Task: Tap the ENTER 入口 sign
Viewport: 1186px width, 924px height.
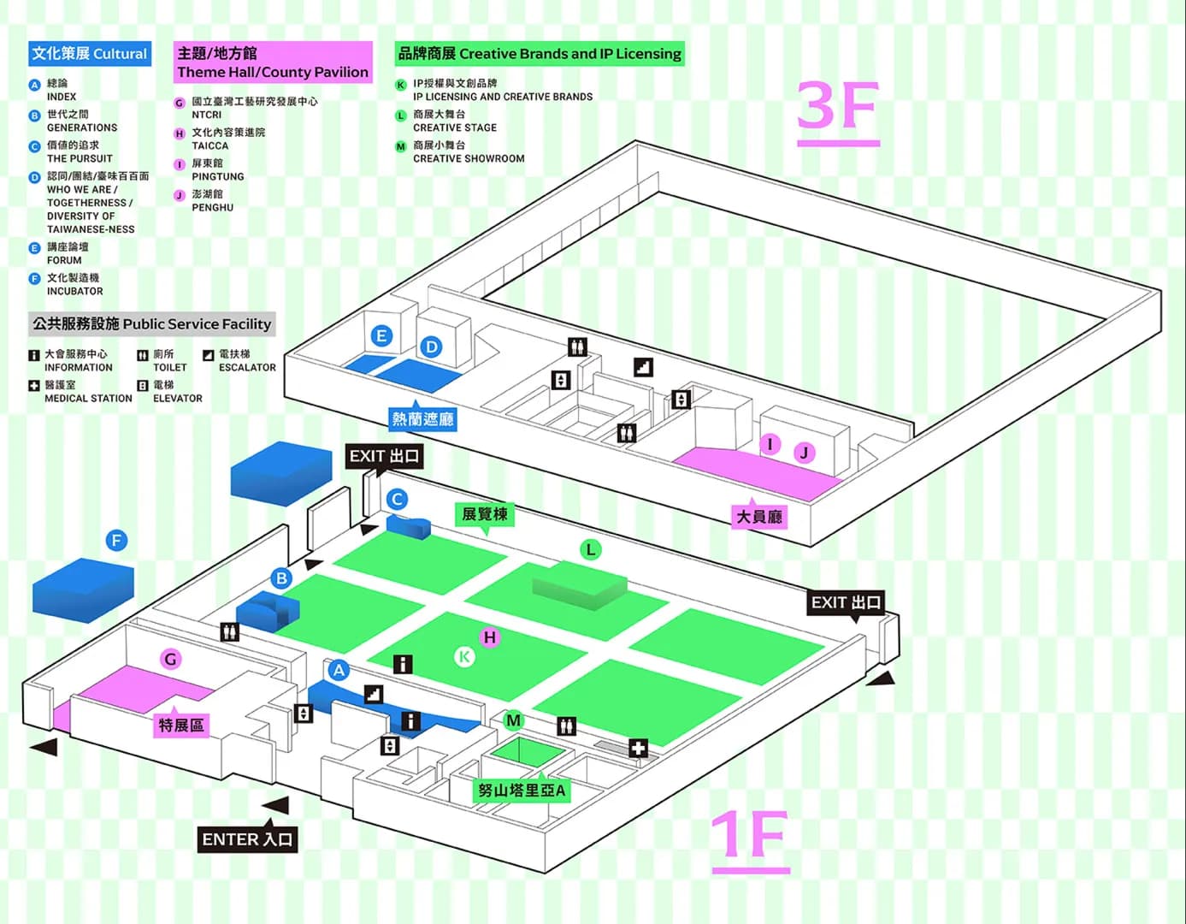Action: point(247,839)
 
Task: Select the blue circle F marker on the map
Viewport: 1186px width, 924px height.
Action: point(116,541)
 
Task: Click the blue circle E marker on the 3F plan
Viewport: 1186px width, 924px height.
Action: point(381,336)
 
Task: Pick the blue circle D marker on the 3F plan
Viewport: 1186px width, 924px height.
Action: point(432,346)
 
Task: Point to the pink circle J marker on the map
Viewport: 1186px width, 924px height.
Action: point(804,453)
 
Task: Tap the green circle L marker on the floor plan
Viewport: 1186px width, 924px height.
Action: point(590,549)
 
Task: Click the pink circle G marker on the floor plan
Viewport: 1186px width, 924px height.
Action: point(171,659)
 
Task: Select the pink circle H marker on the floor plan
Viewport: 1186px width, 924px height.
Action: point(489,637)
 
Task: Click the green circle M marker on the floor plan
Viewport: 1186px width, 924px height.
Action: point(513,720)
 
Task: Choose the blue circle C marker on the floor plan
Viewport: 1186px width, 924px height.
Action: point(397,499)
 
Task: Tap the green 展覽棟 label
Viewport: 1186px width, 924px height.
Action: point(485,514)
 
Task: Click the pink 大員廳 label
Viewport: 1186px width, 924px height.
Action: point(759,517)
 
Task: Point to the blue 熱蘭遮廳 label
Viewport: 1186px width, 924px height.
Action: point(422,419)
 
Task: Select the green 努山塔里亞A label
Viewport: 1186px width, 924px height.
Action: point(521,791)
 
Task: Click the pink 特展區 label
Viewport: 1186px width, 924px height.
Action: point(181,726)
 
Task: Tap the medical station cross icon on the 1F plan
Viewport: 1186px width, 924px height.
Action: point(638,749)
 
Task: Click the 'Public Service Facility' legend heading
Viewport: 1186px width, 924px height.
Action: point(151,324)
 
